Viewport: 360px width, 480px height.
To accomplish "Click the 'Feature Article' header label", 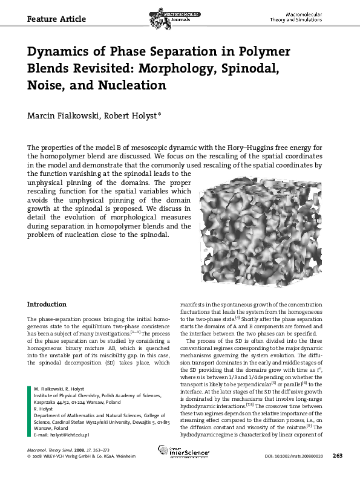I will [57, 19].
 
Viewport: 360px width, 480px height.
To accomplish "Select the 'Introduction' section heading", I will [47, 304].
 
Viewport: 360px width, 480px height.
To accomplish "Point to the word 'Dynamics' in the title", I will [57, 51].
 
